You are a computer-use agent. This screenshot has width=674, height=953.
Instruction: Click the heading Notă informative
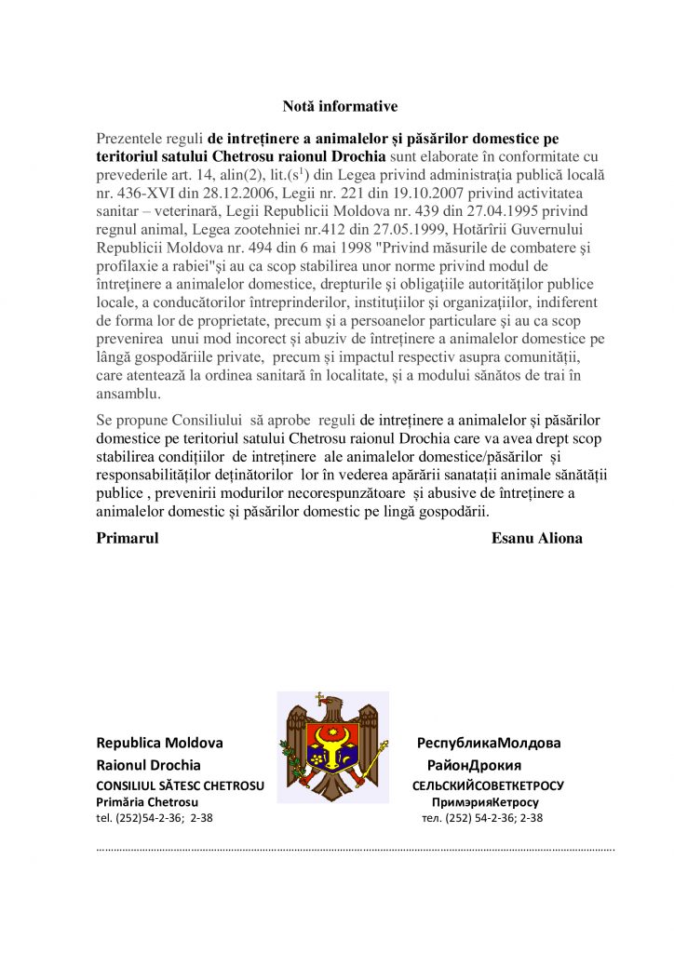coord(340,107)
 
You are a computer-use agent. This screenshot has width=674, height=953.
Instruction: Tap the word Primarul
coord(128,538)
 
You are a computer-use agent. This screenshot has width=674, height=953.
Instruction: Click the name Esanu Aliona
coord(536,538)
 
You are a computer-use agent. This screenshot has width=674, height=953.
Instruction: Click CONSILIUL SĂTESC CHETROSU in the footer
coord(180,785)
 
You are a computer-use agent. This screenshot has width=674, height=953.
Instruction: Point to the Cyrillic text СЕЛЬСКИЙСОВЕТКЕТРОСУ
coord(488,785)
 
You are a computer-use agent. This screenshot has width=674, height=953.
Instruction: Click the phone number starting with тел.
coord(482,818)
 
